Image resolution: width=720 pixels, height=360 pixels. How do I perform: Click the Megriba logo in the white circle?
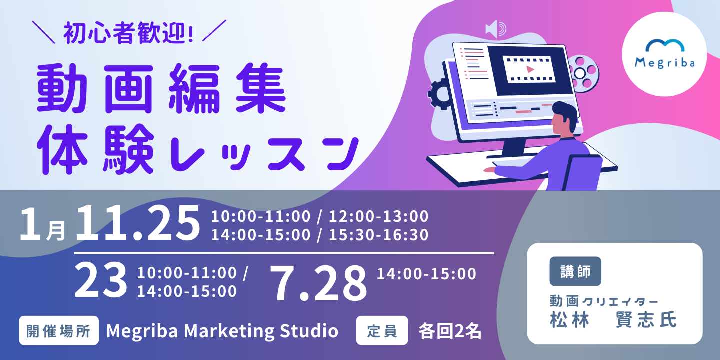(664, 54)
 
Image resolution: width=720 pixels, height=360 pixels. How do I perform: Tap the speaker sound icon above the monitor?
(496, 29)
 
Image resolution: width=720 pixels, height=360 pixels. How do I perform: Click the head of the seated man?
(563, 119)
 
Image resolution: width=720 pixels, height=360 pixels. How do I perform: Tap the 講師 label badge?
(575, 271)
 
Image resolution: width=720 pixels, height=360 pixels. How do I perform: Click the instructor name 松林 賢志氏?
(613, 320)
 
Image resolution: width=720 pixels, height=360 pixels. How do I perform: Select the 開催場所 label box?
(59, 330)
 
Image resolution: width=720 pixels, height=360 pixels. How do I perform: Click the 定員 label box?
(382, 330)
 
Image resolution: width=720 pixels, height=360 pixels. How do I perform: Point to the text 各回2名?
(450, 331)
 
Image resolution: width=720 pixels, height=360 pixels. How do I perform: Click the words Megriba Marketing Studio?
(222, 331)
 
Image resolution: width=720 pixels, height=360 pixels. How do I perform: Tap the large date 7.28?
(318, 283)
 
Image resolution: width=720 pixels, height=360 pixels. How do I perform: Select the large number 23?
(101, 279)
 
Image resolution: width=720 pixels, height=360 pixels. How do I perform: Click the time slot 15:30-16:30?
(379, 235)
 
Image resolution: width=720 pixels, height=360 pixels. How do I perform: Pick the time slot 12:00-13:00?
(379, 216)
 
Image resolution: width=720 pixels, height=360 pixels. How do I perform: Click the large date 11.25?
(138, 223)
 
